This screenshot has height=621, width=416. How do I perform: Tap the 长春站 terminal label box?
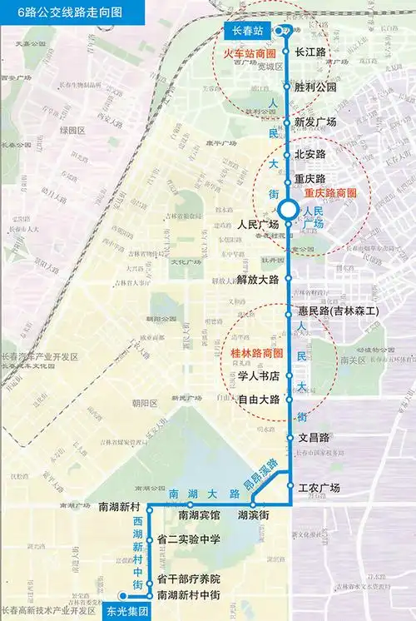click(247, 31)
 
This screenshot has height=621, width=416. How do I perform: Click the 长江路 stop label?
click(310, 51)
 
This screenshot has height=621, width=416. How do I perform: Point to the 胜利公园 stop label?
click(315, 87)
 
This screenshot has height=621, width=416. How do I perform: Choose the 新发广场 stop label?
click(315, 122)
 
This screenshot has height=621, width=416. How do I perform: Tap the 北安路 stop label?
click(310, 154)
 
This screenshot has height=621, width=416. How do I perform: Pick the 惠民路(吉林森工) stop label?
click(338, 310)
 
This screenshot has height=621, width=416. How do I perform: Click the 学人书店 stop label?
click(256, 376)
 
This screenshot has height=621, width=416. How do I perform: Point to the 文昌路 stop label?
click(314, 437)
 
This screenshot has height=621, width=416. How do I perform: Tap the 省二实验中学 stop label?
click(188, 539)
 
